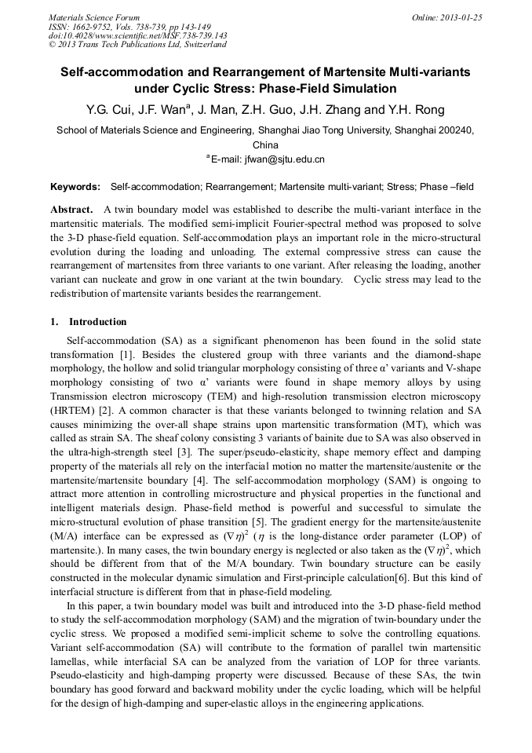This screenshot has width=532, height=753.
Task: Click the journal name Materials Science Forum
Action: tap(94, 16)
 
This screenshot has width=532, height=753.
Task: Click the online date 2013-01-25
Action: tap(458, 16)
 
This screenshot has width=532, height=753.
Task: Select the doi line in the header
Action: tap(137, 35)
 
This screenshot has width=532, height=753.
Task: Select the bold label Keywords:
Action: tap(75, 187)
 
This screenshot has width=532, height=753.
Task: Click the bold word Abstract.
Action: tap(72, 210)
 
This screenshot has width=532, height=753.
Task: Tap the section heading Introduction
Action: tap(97, 322)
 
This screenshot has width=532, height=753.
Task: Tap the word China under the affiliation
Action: tap(265, 145)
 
